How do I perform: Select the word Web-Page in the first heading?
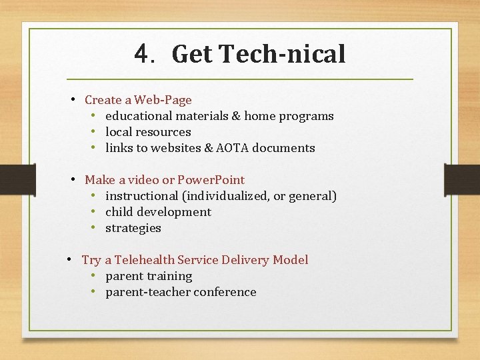click(x=163, y=100)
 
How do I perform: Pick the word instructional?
click(x=142, y=196)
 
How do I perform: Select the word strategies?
click(x=133, y=228)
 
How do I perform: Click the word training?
click(x=169, y=276)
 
